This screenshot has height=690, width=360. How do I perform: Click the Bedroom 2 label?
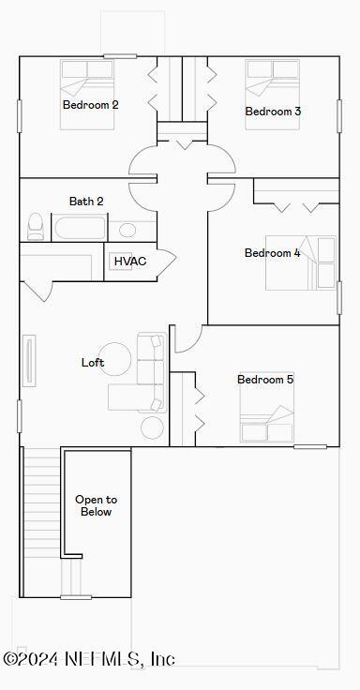90,105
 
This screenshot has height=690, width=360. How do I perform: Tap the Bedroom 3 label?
273,112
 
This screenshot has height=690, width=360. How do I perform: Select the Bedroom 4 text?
272,253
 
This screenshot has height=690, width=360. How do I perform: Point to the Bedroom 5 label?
265,380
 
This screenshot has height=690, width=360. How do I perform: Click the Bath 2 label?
86,202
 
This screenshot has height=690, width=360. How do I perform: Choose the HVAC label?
130,261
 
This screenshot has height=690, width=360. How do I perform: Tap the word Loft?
93,363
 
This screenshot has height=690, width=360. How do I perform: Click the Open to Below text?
96,506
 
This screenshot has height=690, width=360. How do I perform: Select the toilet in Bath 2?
36,226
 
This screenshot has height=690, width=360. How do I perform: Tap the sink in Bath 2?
127,230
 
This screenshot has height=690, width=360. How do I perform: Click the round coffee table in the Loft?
117,356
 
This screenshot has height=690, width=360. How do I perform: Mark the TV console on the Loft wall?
29,360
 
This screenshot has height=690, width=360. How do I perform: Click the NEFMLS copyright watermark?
89,659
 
